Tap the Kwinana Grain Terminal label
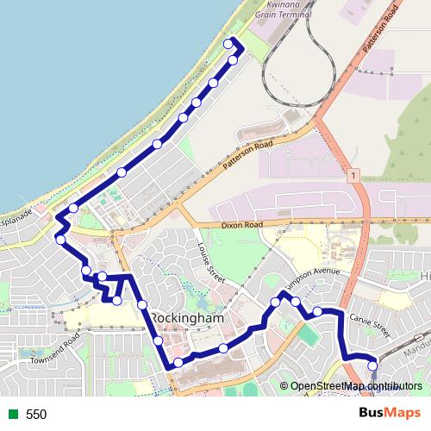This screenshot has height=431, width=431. tap(290, 10)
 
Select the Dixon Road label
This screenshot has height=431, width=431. tap(241, 224)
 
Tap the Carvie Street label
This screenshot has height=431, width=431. tap(372, 323)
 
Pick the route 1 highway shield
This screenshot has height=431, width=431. tap(353, 175)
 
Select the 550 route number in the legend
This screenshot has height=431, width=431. tap(36, 415)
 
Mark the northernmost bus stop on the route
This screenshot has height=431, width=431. tap(228, 44)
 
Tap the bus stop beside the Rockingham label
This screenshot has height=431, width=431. tap(142, 305)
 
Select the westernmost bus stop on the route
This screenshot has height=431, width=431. tap(60, 239)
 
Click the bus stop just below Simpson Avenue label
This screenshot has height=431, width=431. tap(296, 301)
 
